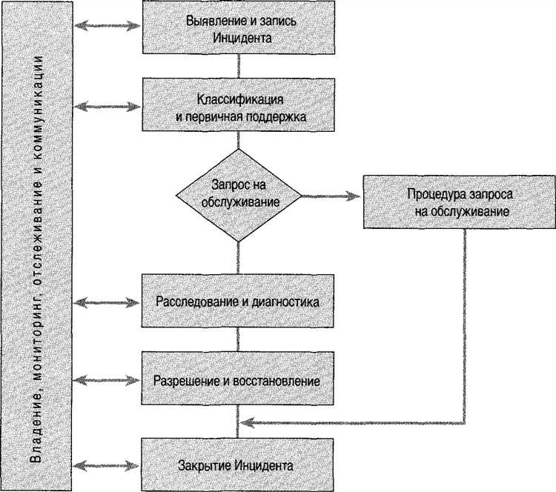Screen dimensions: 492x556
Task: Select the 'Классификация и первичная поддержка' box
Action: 237,107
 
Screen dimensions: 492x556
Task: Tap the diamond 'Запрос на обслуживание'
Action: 237,196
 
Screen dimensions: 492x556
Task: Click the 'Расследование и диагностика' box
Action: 237,302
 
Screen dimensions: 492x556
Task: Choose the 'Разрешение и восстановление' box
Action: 237,381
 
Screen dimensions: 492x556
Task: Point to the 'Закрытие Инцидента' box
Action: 237,466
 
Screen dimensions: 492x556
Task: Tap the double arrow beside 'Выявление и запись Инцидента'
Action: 108,27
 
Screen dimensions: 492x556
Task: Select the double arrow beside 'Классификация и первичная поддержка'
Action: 108,107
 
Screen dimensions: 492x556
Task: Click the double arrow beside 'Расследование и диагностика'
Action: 108,302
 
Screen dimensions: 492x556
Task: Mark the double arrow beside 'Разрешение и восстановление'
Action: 108,381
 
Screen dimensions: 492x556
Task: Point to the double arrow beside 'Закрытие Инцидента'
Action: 108,466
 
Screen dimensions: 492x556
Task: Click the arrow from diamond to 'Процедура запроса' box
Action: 331,196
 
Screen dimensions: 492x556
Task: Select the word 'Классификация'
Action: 237,99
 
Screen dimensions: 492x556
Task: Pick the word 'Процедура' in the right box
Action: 433,194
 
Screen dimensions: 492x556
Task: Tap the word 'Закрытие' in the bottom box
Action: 204,466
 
